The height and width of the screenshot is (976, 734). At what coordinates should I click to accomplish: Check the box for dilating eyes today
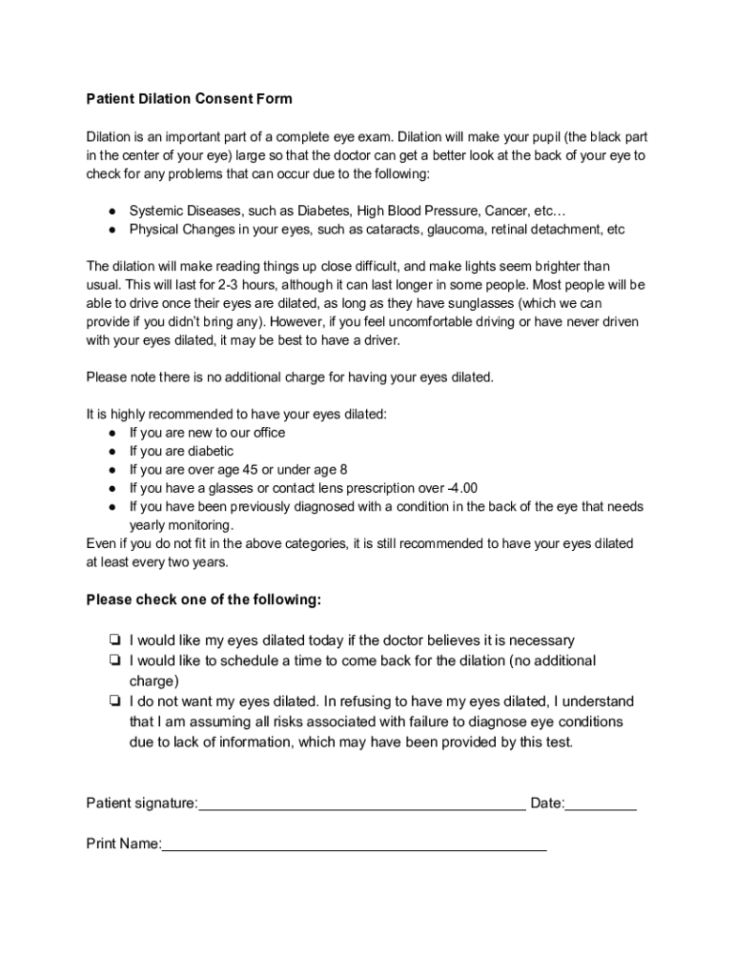pyautogui.click(x=113, y=640)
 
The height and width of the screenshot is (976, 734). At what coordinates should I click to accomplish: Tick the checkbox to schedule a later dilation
pyautogui.click(x=113, y=661)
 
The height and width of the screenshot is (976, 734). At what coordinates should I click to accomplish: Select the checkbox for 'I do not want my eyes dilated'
pyautogui.click(x=113, y=701)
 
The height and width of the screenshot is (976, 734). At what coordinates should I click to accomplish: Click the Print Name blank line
pyautogui.click(x=354, y=845)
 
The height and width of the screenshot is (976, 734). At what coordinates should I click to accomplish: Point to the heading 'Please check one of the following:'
pyautogui.click(x=204, y=600)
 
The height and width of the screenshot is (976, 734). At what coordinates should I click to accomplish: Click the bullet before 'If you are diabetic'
pyautogui.click(x=112, y=451)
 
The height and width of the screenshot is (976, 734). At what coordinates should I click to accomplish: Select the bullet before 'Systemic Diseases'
pyautogui.click(x=112, y=210)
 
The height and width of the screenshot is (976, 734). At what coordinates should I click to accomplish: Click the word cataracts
pyautogui.click(x=392, y=230)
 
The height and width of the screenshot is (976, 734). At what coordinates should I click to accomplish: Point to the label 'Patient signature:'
pyautogui.click(x=142, y=803)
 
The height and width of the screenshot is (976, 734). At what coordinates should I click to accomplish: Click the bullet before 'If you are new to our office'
pyautogui.click(x=112, y=433)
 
